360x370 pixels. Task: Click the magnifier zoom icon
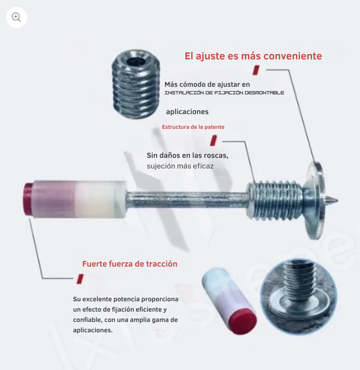[16, 17]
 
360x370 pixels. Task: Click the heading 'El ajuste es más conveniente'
[253, 56]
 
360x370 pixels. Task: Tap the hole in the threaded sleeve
[136, 62]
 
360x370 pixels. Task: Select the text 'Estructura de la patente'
[193, 127]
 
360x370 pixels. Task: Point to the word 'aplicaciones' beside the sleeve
[187, 112]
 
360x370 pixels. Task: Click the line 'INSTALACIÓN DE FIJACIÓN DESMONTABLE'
[224, 92]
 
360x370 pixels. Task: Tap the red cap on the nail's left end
[28, 199]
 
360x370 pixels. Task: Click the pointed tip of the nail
[337, 201]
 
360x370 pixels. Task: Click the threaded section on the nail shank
[275, 201]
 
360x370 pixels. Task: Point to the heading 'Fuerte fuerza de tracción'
[130, 264]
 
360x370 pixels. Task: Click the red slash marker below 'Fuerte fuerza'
[80, 279]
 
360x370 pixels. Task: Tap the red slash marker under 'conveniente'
[256, 70]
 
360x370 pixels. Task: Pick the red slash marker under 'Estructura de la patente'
[214, 141]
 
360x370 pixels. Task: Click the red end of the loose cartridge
[242, 321]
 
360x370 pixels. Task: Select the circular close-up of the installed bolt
[298, 297]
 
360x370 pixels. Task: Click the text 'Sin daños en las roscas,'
[187, 156]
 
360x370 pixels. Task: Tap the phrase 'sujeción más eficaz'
[180, 166]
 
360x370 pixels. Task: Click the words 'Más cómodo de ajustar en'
[207, 85]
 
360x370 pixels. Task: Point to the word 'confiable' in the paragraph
[87, 320]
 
